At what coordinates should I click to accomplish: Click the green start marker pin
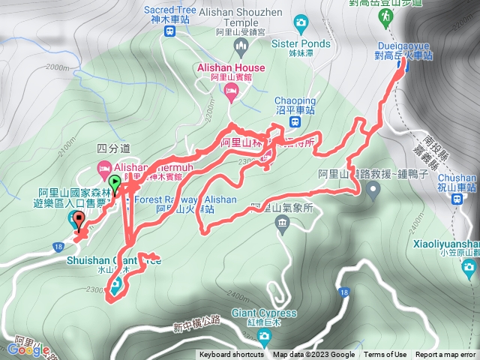click(x=115, y=183)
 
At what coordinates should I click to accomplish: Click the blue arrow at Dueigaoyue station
click(x=404, y=64)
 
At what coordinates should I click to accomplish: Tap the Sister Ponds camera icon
click(x=302, y=22)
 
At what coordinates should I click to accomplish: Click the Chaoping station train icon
click(x=297, y=121)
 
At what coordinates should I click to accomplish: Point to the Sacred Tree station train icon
click(x=170, y=31)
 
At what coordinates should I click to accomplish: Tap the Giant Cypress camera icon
click(x=262, y=334)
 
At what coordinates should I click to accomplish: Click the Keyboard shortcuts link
click(x=232, y=355)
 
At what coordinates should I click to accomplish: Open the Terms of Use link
click(x=385, y=355)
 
